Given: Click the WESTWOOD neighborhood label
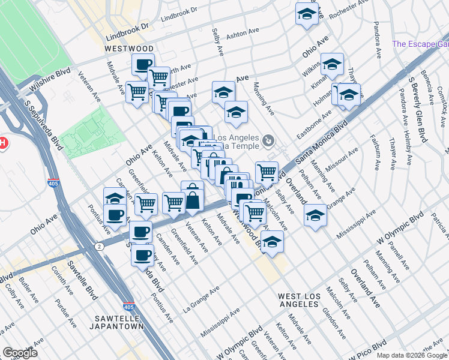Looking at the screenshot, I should pos(129,48).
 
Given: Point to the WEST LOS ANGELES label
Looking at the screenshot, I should pos(298,300).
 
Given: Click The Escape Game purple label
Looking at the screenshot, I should pos(420,44).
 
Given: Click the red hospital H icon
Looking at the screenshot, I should pos(2,143).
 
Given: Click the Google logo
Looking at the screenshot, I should pos(20,353).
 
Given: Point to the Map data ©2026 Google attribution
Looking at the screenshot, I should pos(412,355).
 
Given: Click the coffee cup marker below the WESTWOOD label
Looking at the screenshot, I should pos(143,64).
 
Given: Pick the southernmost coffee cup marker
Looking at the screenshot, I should pos(142,254).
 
